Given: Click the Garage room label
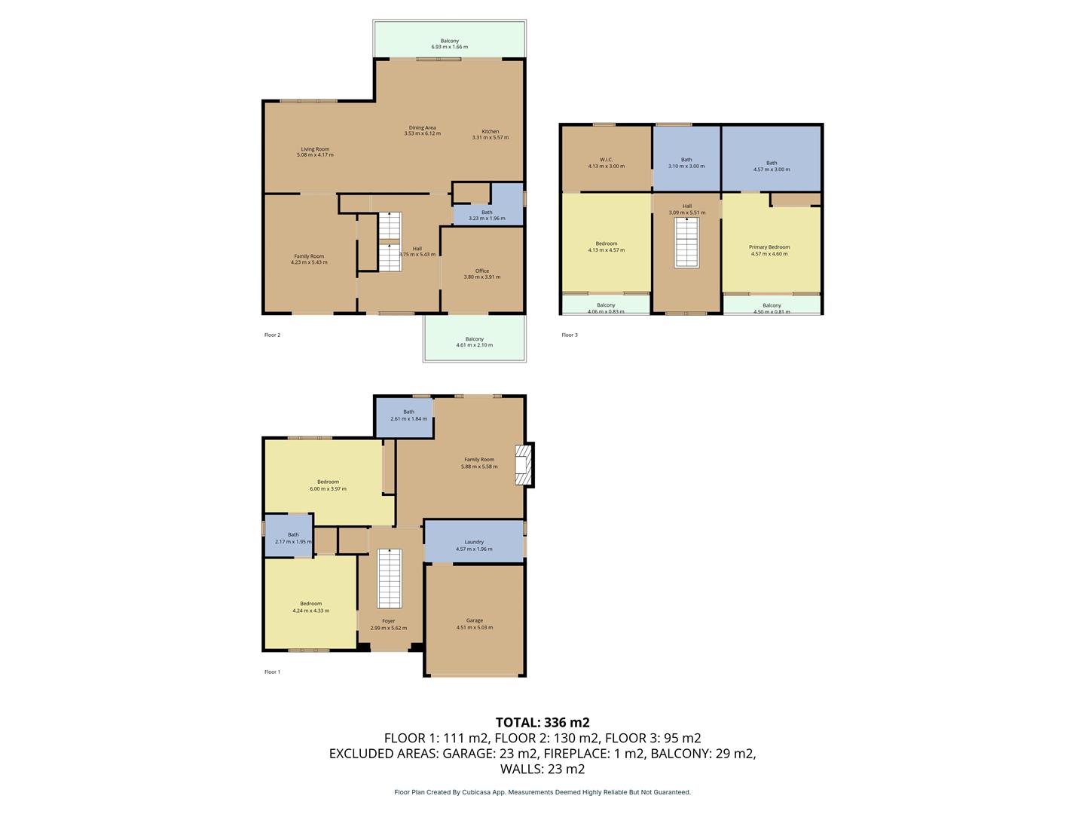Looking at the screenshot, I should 474,621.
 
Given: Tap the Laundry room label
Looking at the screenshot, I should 474,542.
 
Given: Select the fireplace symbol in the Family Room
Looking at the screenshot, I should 522,464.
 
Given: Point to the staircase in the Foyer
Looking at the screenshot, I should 389,579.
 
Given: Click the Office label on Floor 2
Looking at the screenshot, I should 482,271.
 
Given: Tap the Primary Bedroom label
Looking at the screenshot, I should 769,247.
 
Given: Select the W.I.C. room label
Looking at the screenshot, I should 606,160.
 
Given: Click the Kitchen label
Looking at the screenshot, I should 491,132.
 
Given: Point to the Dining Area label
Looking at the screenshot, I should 422,128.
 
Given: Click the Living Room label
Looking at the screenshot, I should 315,149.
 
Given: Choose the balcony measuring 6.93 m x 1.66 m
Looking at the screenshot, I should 450,41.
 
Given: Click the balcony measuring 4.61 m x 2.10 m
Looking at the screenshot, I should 474,339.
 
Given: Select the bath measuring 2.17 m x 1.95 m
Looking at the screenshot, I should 293,535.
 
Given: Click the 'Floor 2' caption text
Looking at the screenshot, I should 272,335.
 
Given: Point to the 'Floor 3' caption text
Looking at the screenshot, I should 570,335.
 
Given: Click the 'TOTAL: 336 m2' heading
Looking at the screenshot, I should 542,722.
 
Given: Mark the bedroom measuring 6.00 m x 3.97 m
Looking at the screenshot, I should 328,482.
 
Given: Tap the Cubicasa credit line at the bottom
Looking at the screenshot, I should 542,792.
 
